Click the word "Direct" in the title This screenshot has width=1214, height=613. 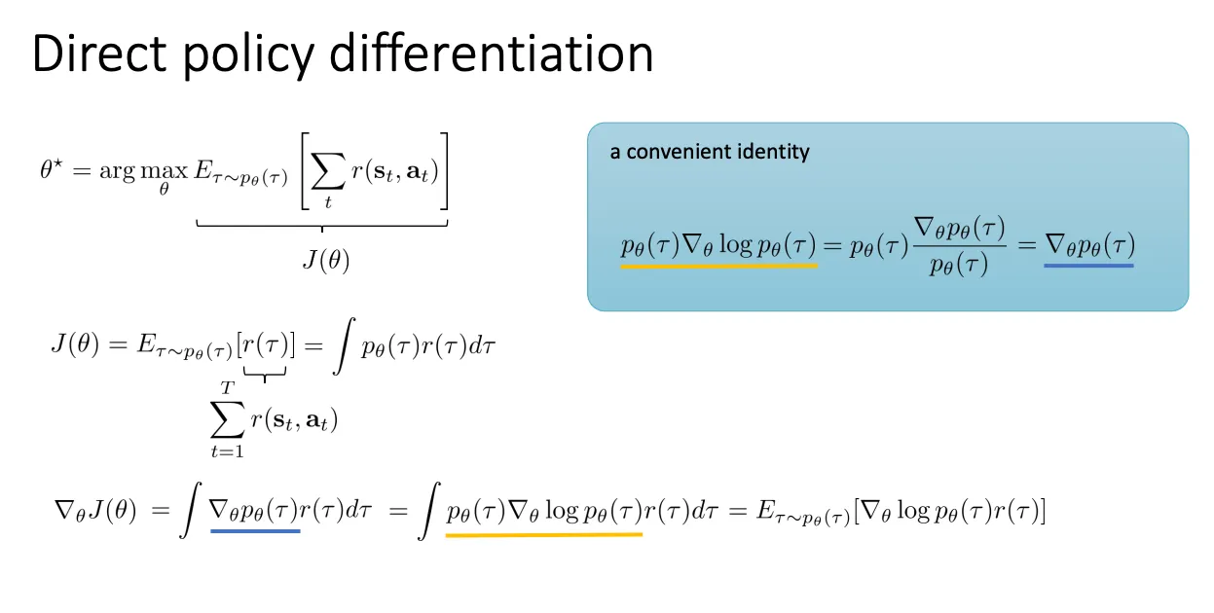click(99, 54)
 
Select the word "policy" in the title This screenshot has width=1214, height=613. click(249, 57)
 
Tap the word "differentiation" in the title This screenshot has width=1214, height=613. click(491, 53)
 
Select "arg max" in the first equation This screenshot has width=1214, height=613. click(144, 172)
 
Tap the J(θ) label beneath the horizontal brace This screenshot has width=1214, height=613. click(326, 261)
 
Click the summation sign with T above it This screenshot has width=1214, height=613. click(228, 419)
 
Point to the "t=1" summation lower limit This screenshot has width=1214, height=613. click(228, 451)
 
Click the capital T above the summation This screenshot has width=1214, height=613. click(228, 387)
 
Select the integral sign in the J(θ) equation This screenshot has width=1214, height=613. click(344, 346)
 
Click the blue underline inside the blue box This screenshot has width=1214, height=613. click(1088, 266)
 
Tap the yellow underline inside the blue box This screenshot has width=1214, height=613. click(719, 266)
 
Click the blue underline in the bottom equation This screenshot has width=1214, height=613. click(255, 531)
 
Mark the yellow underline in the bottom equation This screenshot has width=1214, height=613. click(544, 535)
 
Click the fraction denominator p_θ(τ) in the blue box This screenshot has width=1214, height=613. click(959, 266)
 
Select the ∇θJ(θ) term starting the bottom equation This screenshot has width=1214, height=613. click(95, 510)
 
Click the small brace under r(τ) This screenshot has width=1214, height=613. click(265, 373)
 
